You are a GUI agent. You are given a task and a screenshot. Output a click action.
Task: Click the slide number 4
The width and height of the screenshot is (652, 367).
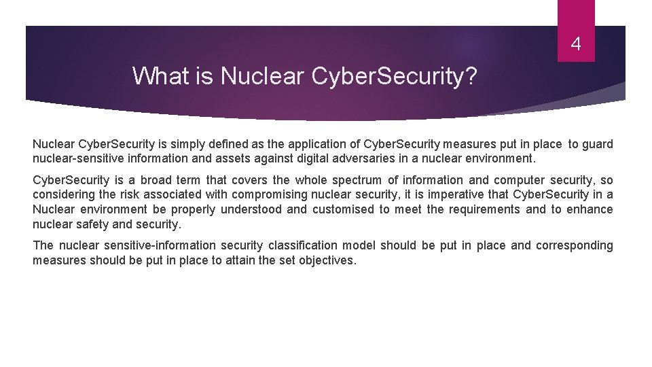(x=576, y=46)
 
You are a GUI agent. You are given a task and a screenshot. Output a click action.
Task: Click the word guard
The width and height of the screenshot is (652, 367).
(x=598, y=144)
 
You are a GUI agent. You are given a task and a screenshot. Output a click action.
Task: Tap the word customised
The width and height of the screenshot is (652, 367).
(x=344, y=209)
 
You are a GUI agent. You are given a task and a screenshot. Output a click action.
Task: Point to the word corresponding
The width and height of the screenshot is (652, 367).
(x=574, y=245)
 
